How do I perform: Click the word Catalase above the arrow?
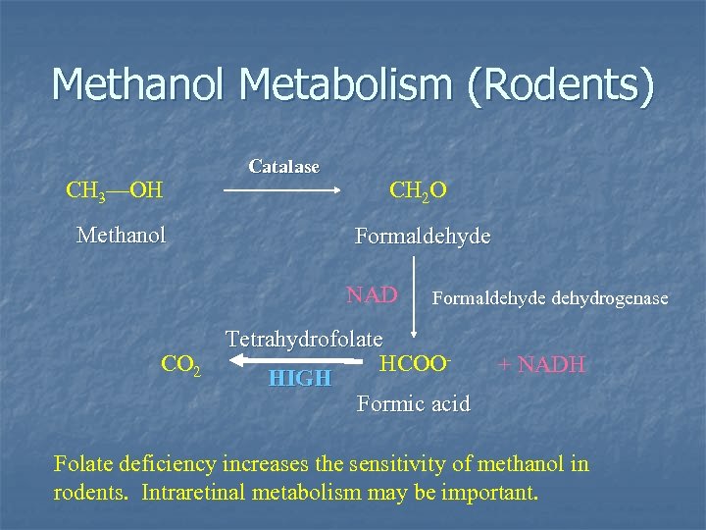[283, 167]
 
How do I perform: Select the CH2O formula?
[418, 189]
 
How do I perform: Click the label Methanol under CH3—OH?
[121, 236]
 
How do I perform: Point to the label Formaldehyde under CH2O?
[423, 238]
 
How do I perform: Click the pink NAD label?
[372, 294]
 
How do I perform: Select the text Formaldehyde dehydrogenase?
[550, 297]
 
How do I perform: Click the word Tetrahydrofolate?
[304, 340]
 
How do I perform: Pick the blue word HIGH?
[299, 378]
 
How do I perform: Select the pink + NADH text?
[541, 365]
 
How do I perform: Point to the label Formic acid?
[414, 403]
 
